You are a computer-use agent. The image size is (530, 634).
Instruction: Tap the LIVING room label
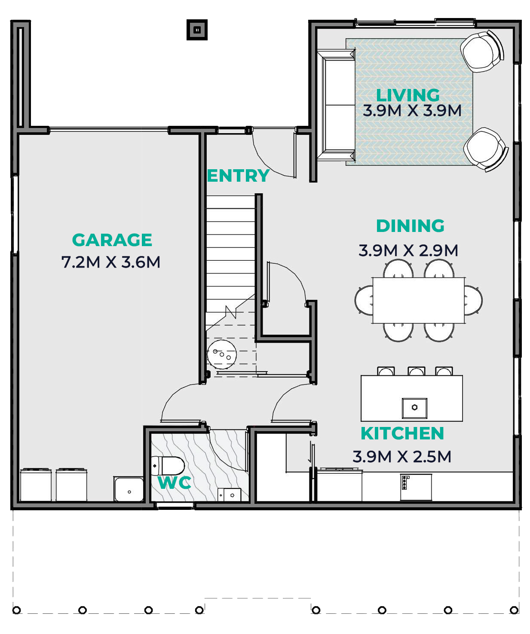(x=408, y=95)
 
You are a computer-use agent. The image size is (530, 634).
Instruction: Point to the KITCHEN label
(x=402, y=433)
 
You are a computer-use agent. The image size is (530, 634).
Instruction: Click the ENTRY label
(x=238, y=176)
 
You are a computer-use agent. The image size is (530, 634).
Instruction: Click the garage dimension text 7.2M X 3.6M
(x=111, y=262)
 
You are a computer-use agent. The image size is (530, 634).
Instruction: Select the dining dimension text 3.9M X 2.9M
(x=408, y=250)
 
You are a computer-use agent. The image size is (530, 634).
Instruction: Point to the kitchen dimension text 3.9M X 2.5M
(x=402, y=457)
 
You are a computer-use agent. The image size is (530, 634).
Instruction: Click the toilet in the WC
(x=168, y=466)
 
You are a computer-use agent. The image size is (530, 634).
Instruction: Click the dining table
(x=419, y=300)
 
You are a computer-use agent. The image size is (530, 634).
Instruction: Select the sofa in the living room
(x=336, y=105)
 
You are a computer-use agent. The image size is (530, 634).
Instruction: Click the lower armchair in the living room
(x=485, y=149)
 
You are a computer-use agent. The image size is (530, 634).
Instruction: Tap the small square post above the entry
(x=197, y=30)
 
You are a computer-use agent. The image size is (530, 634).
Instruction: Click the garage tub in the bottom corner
(x=129, y=489)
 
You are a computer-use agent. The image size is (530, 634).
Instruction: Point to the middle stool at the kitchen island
(x=417, y=371)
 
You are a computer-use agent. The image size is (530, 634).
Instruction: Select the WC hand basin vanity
(x=229, y=495)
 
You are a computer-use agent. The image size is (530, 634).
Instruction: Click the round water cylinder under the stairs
(x=222, y=354)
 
